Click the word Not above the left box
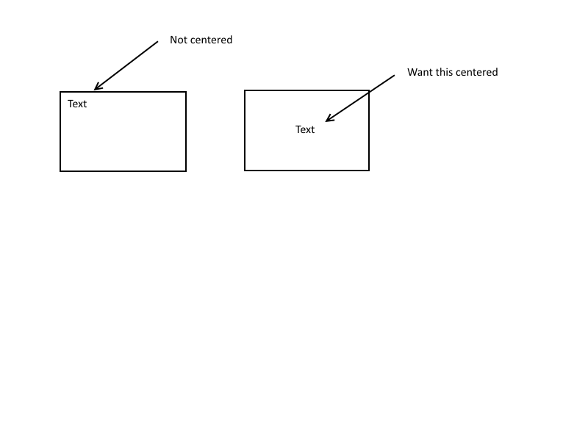179,40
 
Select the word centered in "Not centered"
211,40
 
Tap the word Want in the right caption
420,72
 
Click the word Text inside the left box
77,104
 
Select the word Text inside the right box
305,129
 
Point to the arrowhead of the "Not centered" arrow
96,90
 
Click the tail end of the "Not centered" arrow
157,41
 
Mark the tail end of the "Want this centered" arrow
395,75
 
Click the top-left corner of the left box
60,92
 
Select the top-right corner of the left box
186,92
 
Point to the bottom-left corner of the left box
60,171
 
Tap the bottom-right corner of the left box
186,171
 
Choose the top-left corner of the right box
245,90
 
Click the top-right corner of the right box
369,90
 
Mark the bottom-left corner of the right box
245,171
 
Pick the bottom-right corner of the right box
369,171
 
